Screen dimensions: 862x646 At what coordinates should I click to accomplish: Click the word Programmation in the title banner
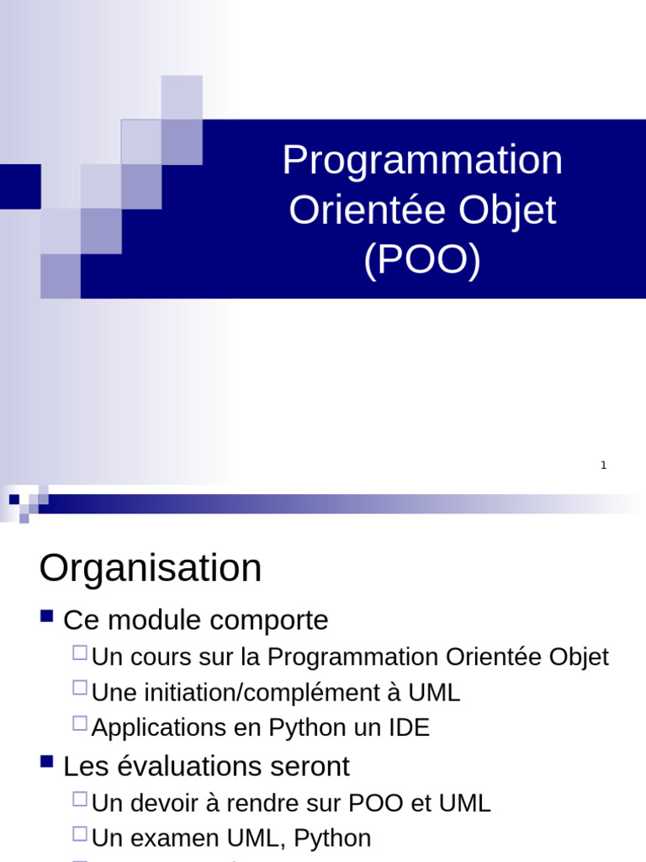point(422,160)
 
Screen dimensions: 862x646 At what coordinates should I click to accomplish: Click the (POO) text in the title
point(422,260)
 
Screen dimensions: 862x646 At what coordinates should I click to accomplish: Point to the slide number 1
point(603,466)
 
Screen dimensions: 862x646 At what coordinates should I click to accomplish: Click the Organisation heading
point(151,568)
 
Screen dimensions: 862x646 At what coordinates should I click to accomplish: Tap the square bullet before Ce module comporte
point(47,617)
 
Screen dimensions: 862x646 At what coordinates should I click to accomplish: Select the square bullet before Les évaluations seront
point(47,764)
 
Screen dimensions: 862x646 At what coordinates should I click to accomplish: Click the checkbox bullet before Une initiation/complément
point(80,688)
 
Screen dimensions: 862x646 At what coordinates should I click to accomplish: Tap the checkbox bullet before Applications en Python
point(80,723)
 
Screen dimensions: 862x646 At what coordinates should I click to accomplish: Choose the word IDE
point(409,728)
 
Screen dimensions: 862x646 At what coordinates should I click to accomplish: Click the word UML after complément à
point(434,693)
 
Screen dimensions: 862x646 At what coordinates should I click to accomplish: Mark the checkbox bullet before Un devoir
point(80,798)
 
